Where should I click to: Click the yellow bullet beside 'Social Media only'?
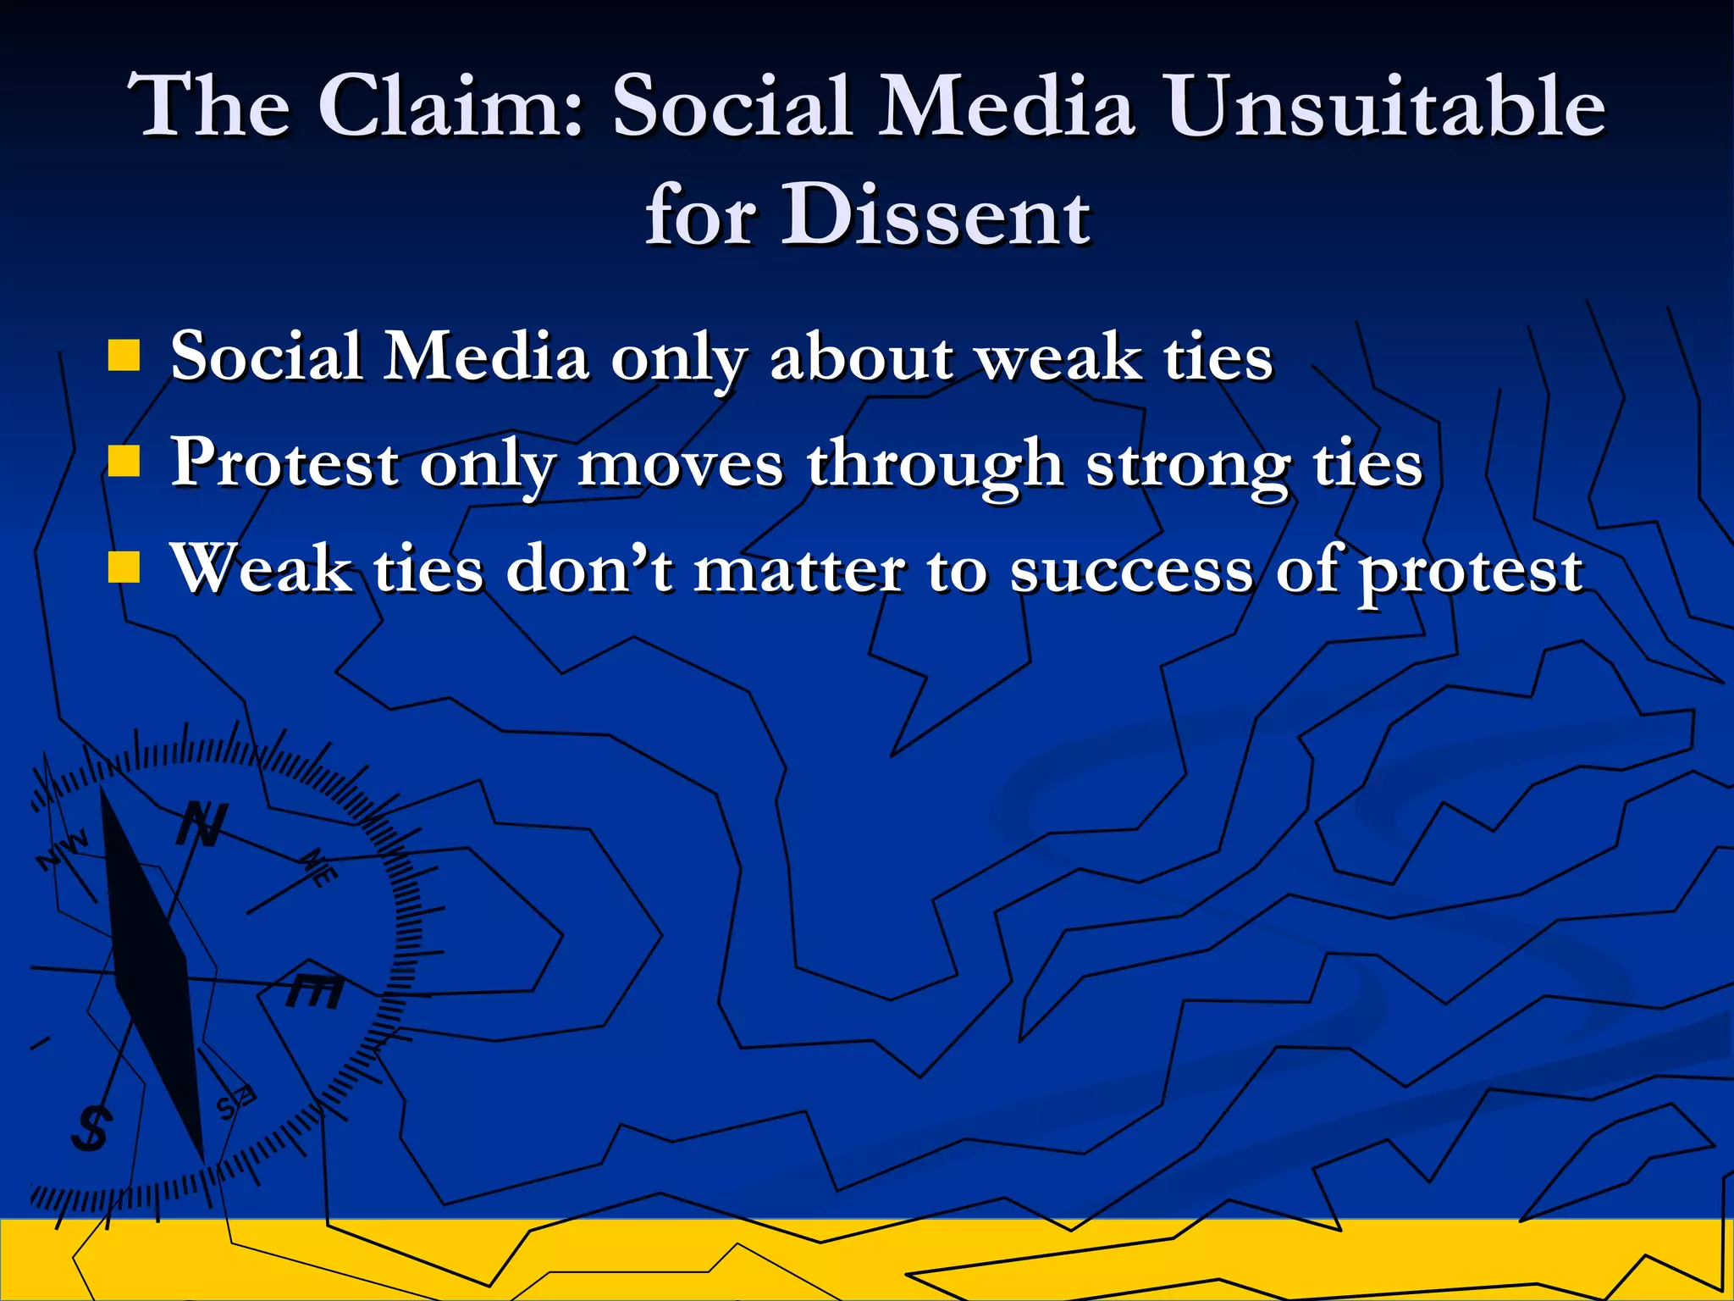(124, 357)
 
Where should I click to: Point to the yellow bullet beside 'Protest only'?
(124, 462)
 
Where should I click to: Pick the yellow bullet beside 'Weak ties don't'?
(124, 568)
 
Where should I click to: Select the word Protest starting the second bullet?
(284, 464)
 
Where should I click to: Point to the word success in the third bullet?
(1130, 569)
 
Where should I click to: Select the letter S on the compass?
(90, 1128)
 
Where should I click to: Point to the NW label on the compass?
(63, 850)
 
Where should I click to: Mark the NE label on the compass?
(321, 867)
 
